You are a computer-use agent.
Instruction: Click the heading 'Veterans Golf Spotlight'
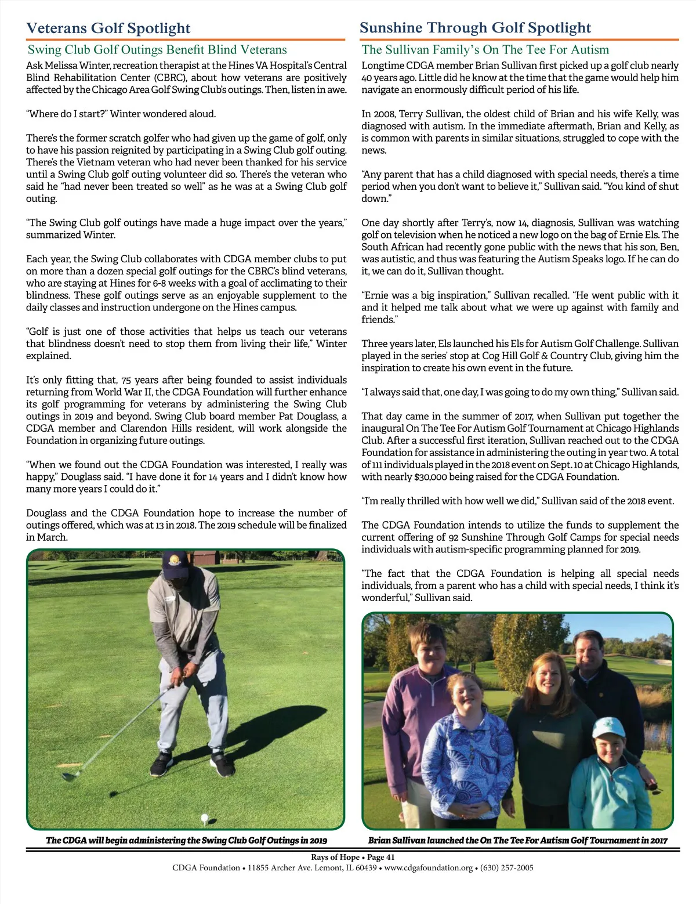[x=108, y=28]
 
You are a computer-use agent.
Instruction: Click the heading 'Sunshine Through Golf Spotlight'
[x=475, y=27]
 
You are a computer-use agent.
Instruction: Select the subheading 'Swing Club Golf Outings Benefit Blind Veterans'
[x=157, y=50]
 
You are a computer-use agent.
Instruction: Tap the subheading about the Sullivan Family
[x=485, y=50]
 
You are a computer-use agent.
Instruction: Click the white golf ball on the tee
[x=204, y=818]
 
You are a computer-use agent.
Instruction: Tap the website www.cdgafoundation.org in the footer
[x=429, y=868]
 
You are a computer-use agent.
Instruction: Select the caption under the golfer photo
[x=186, y=840]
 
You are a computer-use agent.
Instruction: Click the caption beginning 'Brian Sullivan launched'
[x=517, y=840]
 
